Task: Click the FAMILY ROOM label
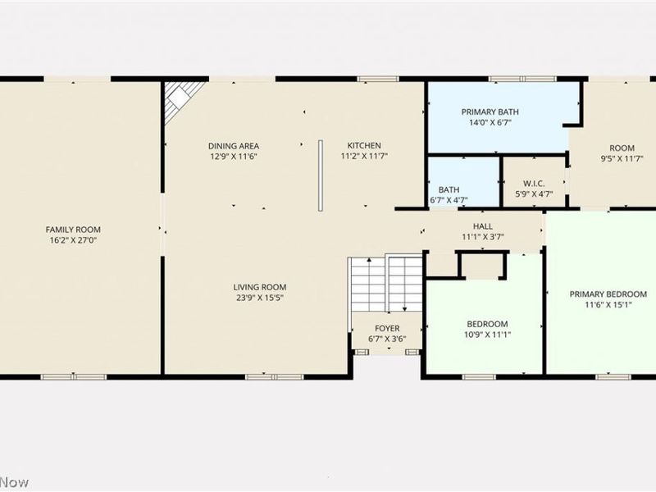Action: tap(73, 230)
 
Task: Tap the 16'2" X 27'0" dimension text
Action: tap(73, 240)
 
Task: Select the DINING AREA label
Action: tap(234, 146)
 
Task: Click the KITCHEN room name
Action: tap(364, 146)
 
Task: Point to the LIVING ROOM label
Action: tap(260, 287)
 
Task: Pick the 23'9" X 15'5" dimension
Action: tap(260, 298)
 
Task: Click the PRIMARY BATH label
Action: tap(490, 112)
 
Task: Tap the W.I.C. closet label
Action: tap(534, 183)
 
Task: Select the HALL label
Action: tap(483, 226)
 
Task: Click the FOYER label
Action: tap(387, 329)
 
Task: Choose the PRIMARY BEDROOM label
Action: tap(608, 294)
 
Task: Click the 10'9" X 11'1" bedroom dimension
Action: tap(487, 335)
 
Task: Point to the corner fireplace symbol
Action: tap(180, 100)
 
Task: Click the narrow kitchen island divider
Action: tap(321, 175)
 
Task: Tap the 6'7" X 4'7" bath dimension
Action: tap(449, 200)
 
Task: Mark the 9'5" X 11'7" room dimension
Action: tap(622, 158)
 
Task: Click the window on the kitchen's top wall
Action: tap(378, 79)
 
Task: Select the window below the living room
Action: tap(274, 377)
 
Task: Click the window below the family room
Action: tap(74, 377)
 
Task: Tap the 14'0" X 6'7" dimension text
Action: tap(490, 122)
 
